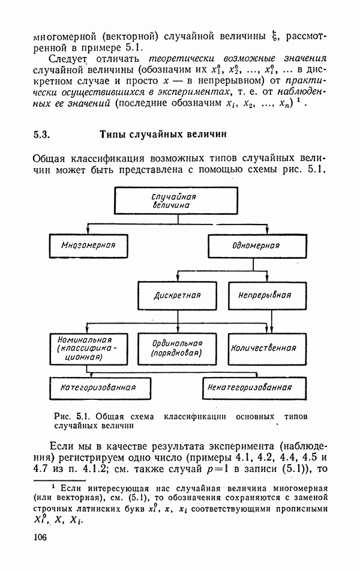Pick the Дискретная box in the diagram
[176, 295]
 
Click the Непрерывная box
[265, 295]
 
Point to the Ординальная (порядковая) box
[176, 348]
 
